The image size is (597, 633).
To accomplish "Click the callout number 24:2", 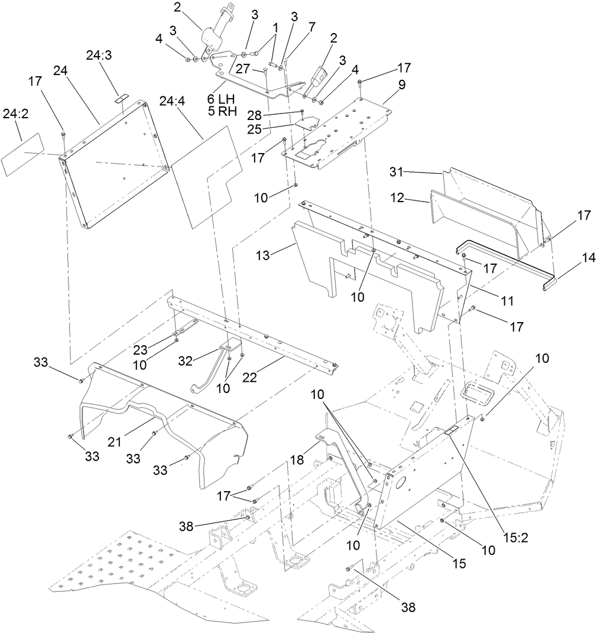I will (x=16, y=113).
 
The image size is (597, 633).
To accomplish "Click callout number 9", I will (x=402, y=85).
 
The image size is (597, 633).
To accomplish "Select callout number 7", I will (x=312, y=27).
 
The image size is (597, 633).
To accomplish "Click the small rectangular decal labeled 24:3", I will (x=121, y=98).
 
